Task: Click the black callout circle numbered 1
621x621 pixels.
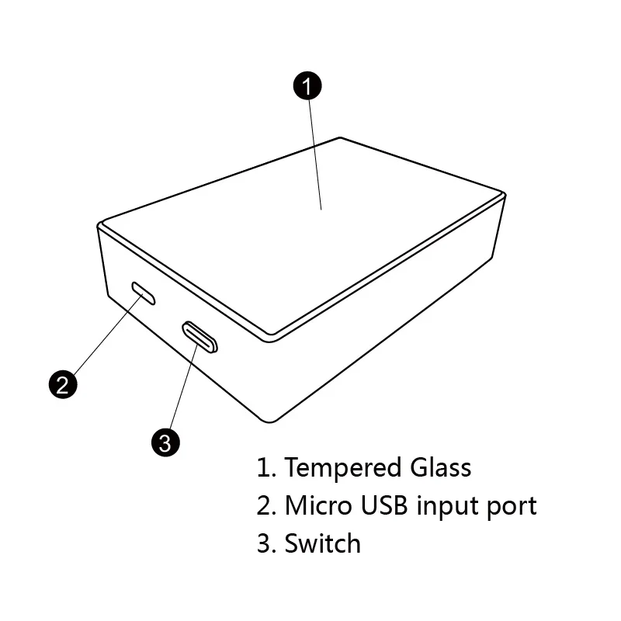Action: point(307,85)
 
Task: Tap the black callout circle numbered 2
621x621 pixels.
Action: point(63,383)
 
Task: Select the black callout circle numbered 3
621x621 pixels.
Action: point(165,442)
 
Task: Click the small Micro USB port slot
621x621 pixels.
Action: point(144,293)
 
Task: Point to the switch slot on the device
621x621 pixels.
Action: point(200,336)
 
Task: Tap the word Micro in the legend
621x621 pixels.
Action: point(318,505)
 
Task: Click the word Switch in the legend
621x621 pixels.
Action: point(322,543)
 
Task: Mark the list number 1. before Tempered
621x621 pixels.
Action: point(266,468)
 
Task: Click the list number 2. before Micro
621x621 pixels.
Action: point(266,506)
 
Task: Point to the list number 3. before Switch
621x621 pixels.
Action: point(266,543)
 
